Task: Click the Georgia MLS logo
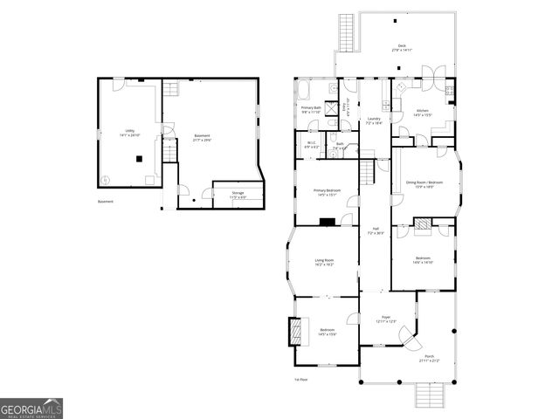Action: [31, 409]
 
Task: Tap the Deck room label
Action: [402, 48]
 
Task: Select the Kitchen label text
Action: [422, 113]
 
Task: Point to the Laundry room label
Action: [373, 120]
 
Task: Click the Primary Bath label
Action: [312, 109]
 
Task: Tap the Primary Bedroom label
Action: [328, 191]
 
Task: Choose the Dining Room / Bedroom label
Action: [424, 183]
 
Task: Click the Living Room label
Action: [325, 261]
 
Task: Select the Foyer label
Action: [385, 319]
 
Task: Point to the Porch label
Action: [429, 358]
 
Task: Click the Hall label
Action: [375, 231]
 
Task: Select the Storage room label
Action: [238, 194]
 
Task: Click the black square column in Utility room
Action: [138, 158]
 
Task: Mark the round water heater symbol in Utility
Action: [107, 181]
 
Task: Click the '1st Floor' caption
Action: [300, 379]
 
